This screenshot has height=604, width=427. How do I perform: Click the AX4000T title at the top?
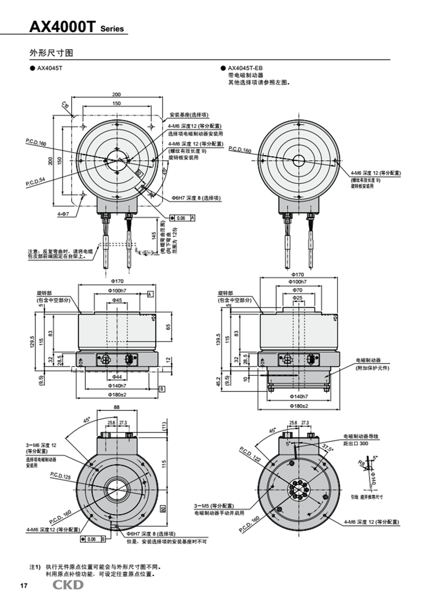62,26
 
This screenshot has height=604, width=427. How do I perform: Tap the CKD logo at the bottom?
68,585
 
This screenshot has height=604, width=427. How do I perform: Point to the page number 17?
23,586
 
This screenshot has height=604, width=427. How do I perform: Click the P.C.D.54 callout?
35,182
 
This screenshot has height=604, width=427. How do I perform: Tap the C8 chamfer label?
64,105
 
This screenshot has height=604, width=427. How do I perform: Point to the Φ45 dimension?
117,300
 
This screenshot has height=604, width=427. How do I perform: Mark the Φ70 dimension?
297,289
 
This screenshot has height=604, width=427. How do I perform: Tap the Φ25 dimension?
297,297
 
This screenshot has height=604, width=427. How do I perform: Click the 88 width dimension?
116,407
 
